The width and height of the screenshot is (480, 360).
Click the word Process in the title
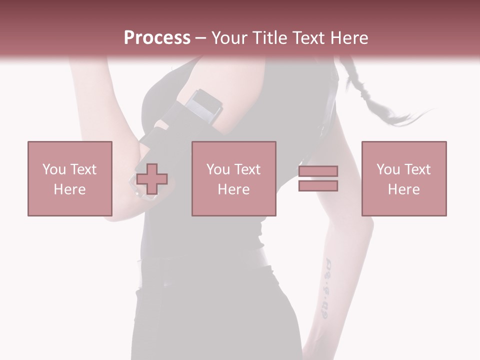pos(157,38)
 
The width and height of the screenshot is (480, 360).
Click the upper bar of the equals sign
pos(318,171)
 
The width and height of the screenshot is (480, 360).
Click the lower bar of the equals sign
pos(318,185)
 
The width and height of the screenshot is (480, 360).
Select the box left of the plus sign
pos(69,178)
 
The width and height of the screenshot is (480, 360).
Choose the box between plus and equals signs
pos(233,178)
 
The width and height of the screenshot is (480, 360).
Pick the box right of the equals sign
pos(403,178)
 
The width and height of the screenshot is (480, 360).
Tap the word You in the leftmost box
pos(54,169)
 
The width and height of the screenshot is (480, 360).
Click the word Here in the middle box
pos(233,189)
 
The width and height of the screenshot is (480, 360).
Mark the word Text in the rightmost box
pos(417,169)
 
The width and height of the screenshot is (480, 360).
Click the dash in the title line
pos(200,38)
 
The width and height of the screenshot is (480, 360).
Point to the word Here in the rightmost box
pos(403,189)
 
